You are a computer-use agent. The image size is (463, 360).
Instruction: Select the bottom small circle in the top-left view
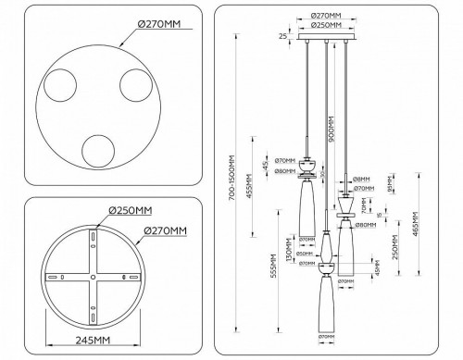pos(97,153)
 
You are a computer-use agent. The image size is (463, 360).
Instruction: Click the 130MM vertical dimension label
pos(290,251)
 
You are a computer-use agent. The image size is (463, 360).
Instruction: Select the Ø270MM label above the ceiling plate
pos(327,16)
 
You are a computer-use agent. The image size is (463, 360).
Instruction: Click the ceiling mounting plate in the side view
pos(327,39)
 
